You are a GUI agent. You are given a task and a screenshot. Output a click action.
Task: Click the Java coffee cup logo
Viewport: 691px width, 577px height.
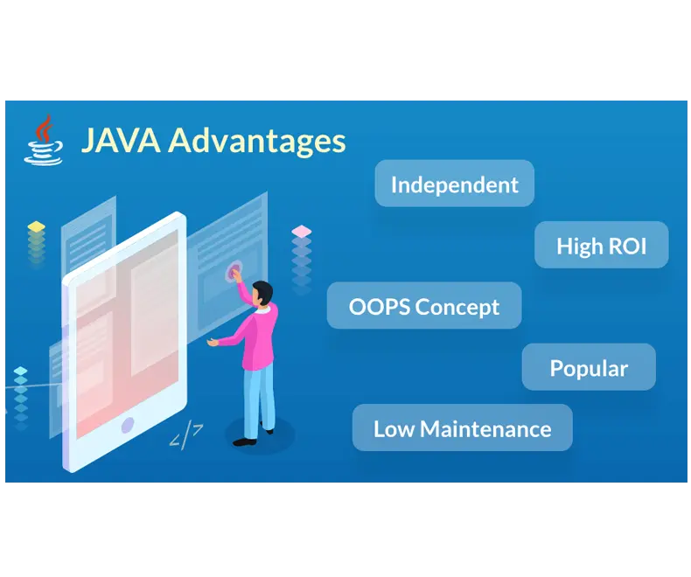click(43, 140)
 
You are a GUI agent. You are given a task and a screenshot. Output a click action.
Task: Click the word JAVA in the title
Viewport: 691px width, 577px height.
click(121, 141)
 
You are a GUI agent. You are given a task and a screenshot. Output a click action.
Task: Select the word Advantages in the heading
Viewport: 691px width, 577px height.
click(256, 142)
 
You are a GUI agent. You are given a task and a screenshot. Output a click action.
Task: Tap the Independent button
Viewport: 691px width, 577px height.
click(454, 184)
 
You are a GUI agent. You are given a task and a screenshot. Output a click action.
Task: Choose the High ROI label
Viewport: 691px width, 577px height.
click(602, 245)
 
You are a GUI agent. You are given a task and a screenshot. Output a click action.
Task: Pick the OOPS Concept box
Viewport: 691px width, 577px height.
click(424, 305)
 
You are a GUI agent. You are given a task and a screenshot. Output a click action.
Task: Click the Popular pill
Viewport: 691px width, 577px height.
click(589, 366)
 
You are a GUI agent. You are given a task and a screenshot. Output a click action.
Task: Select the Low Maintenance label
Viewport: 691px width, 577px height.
click(463, 428)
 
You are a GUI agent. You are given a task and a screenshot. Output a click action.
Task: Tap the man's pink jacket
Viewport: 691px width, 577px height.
click(257, 335)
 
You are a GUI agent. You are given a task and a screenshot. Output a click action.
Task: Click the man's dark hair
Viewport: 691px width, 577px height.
click(263, 291)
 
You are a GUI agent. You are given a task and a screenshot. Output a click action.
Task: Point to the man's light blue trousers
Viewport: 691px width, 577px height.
click(259, 400)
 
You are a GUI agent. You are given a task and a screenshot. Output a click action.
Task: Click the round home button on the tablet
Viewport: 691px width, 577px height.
click(128, 425)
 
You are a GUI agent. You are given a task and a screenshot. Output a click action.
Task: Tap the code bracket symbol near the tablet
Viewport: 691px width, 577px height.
click(186, 436)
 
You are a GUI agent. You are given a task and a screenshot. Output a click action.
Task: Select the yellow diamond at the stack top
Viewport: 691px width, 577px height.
click(36, 226)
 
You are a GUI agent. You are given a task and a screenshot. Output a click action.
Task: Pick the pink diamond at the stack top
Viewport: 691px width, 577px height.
click(302, 231)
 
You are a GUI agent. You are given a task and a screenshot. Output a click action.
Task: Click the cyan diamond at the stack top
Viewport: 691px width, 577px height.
click(20, 371)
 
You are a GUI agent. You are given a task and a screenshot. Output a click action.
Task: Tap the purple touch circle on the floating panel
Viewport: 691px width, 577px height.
click(234, 271)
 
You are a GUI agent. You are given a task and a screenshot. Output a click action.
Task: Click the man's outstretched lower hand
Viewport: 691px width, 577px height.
click(213, 342)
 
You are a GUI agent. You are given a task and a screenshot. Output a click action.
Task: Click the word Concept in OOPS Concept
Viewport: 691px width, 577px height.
click(457, 307)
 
